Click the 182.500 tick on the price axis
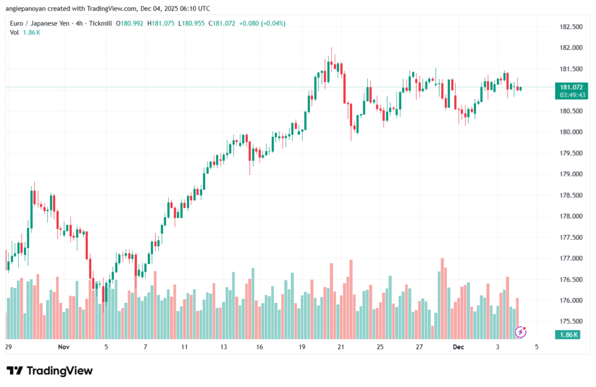pyautogui.click(x=570, y=27)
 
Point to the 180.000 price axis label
pyautogui.click(x=570, y=132)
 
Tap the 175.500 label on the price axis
pyautogui.click(x=570, y=321)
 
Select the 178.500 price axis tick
pyautogui.click(x=570, y=196)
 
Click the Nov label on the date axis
pyautogui.click(x=64, y=347)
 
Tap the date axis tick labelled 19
pyautogui.click(x=302, y=347)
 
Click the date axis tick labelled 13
pyautogui.click(x=223, y=347)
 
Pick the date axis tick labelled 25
pyautogui.click(x=379, y=347)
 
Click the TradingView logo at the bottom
pyautogui.click(x=49, y=371)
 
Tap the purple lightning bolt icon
pyautogui.click(x=521, y=332)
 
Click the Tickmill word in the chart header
pyautogui.click(x=101, y=23)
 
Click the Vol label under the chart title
pyautogui.click(x=15, y=33)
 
